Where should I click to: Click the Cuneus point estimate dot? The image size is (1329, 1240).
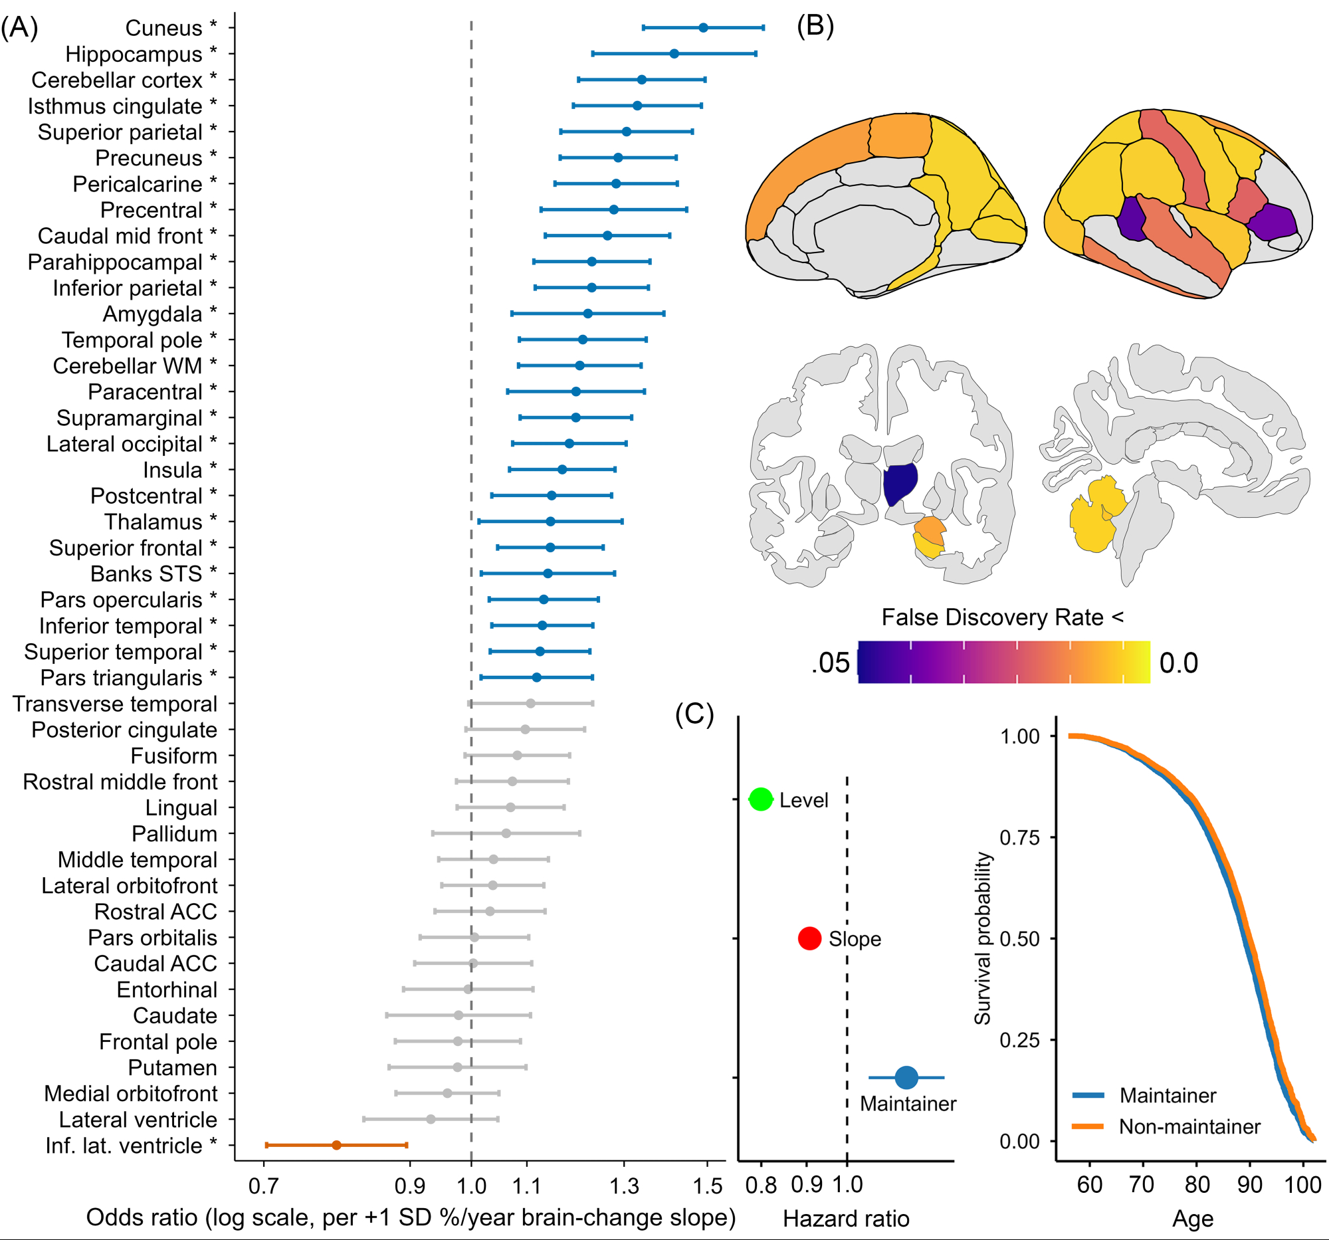tap(703, 27)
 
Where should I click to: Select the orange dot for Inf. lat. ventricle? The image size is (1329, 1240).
tap(336, 1145)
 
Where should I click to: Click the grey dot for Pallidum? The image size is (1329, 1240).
tap(506, 833)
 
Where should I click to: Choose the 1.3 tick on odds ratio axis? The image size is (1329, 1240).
tap(625, 1186)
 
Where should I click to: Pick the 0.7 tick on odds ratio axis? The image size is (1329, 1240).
tap(263, 1186)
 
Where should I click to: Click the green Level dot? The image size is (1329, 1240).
tap(761, 799)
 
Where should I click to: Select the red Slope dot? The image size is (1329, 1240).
tap(809, 938)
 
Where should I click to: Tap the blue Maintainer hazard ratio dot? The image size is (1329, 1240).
tap(906, 1078)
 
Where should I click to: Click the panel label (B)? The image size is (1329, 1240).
tap(815, 27)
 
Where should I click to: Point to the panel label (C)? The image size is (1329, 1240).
tap(694, 714)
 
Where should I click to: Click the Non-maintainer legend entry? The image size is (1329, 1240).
tap(1189, 1126)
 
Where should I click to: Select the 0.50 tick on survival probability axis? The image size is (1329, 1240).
tap(1019, 938)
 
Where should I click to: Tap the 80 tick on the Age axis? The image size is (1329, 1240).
tap(1197, 1185)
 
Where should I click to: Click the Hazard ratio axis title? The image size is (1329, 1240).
tap(846, 1219)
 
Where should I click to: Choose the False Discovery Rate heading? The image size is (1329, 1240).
tap(1002, 617)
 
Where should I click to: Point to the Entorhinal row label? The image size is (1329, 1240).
tap(167, 989)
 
